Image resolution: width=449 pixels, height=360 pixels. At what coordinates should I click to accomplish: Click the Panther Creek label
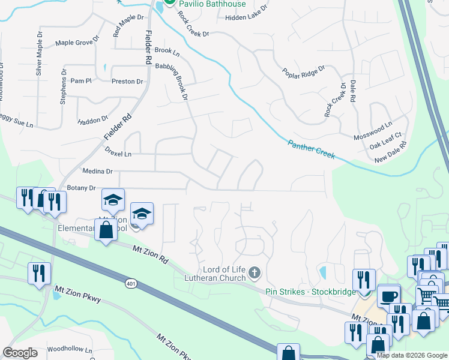(x=311, y=149)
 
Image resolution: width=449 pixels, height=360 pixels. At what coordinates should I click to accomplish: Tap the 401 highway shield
(x=131, y=283)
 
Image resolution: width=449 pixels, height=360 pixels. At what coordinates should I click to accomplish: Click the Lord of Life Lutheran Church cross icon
(x=255, y=274)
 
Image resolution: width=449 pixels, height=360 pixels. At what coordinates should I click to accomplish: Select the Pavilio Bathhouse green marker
(x=170, y=3)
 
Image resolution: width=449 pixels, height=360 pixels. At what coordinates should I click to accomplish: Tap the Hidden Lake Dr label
(x=247, y=19)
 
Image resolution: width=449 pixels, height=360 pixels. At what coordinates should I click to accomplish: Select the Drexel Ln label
(x=118, y=152)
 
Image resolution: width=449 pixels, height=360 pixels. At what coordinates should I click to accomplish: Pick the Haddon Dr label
(x=92, y=121)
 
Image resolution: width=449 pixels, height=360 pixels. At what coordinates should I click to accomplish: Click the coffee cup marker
(x=388, y=295)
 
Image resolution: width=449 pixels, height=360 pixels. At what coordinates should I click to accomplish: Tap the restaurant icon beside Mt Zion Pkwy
(x=39, y=274)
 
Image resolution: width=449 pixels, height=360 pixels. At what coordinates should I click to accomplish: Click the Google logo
(x=20, y=353)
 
